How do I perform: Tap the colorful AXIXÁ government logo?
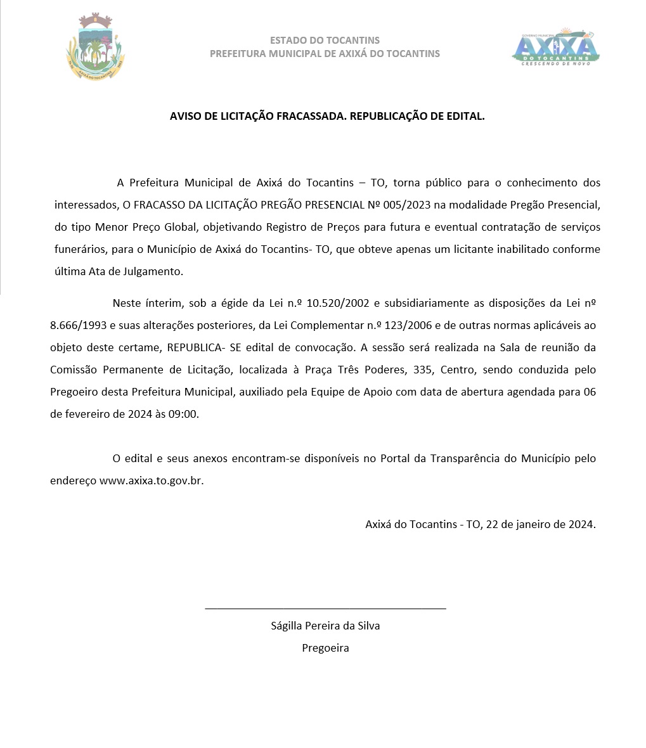(x=555, y=48)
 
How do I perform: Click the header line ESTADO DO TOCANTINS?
(x=325, y=41)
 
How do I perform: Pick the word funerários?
(x=79, y=249)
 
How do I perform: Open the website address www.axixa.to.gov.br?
(x=152, y=480)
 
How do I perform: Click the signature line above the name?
(x=325, y=609)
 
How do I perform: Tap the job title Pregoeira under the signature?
(x=325, y=648)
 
